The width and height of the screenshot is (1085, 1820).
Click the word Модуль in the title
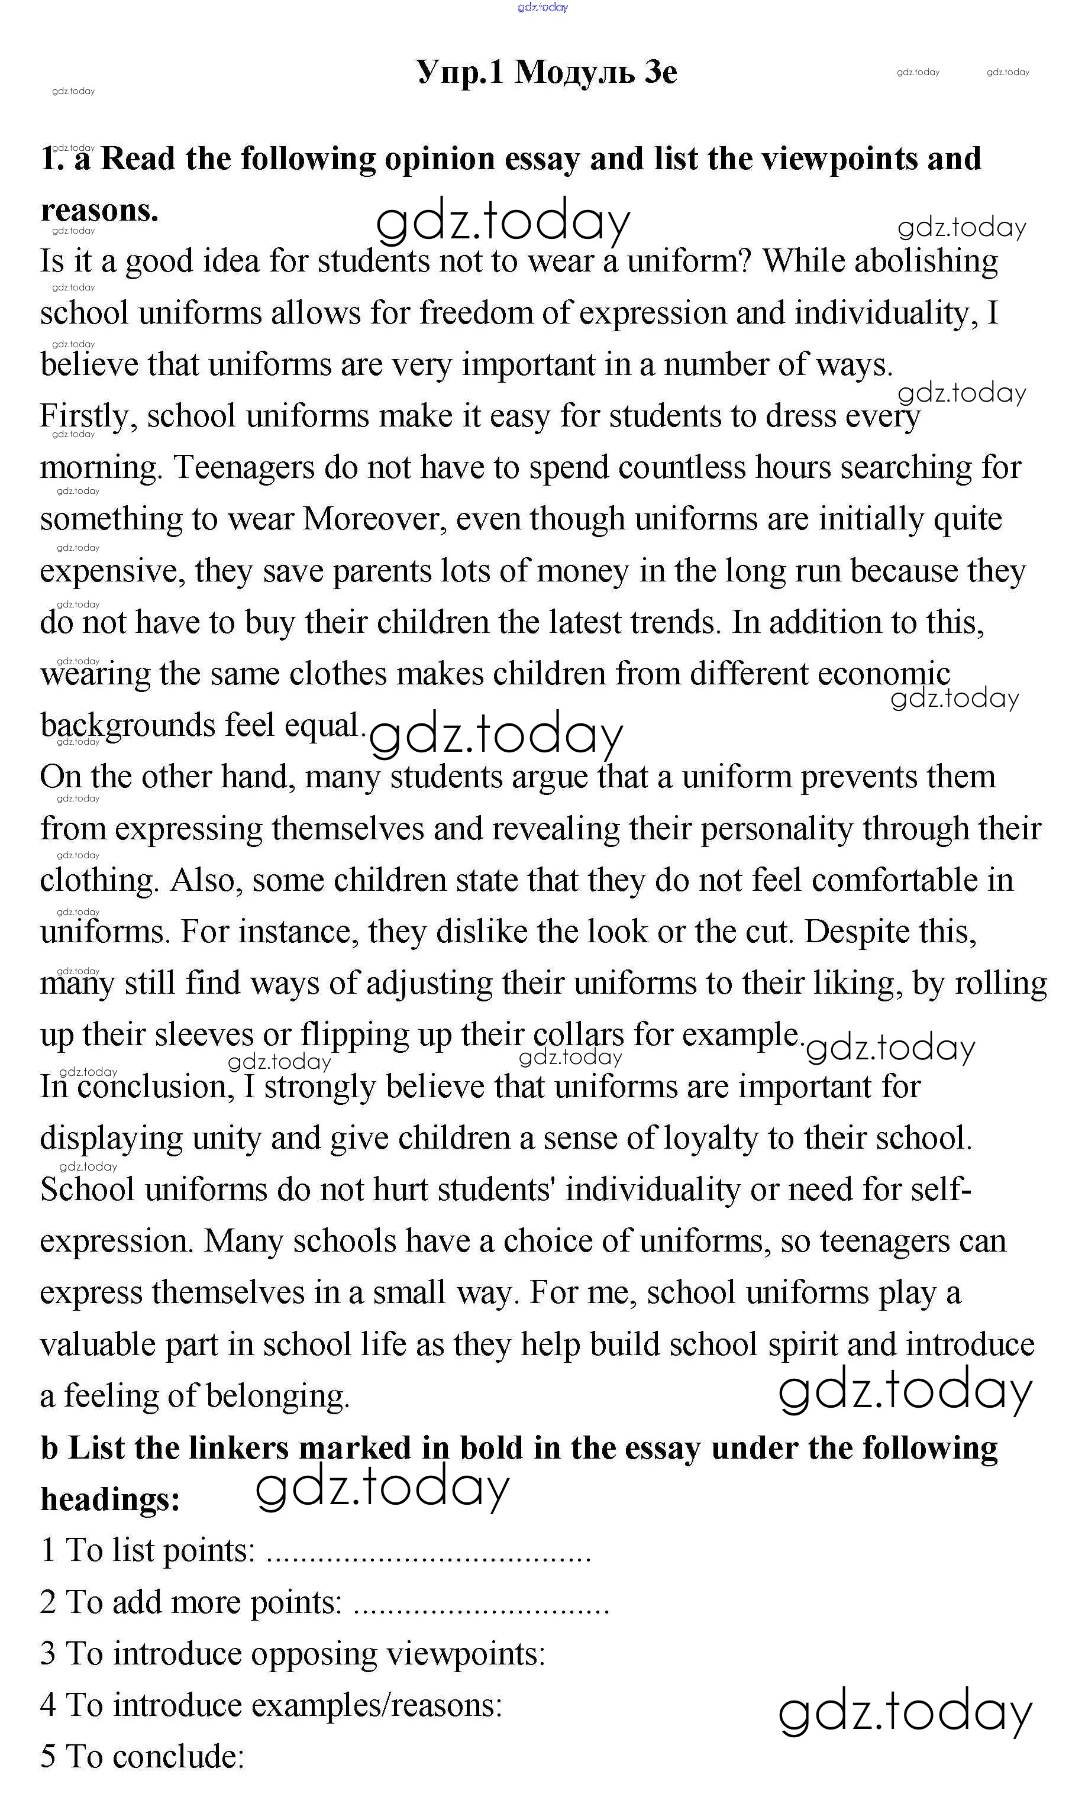point(574,72)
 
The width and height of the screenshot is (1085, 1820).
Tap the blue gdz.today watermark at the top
point(542,7)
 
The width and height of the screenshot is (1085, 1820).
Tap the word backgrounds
point(127,726)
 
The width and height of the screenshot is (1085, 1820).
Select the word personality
point(776,829)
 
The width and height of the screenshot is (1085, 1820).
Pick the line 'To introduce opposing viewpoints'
point(292,1653)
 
